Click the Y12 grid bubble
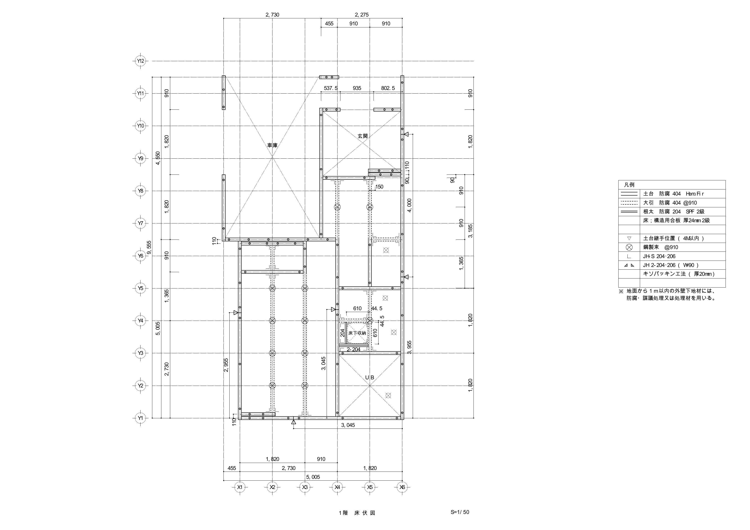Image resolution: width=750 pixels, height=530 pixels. (x=141, y=61)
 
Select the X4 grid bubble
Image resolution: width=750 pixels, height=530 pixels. (x=337, y=487)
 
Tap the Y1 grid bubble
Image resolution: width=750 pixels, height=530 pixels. (x=141, y=418)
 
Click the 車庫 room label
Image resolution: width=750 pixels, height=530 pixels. (x=272, y=145)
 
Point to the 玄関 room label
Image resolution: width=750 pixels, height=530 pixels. (x=363, y=136)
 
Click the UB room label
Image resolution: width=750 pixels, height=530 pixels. (x=370, y=378)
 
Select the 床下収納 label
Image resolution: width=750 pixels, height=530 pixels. (x=357, y=333)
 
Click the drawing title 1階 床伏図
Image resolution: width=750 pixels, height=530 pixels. (x=357, y=513)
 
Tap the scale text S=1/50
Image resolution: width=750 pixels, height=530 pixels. (x=460, y=512)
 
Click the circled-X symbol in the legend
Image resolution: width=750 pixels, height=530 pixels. (x=629, y=247)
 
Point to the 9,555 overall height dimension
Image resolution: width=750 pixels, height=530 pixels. (x=149, y=247)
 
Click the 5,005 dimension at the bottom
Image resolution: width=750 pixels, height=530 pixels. (x=313, y=477)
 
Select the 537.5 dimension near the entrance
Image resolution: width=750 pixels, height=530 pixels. (x=330, y=88)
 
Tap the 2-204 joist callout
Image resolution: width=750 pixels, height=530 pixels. (x=353, y=349)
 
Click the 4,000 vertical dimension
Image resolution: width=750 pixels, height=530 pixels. (x=410, y=205)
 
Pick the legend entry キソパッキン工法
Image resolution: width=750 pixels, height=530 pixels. (x=679, y=274)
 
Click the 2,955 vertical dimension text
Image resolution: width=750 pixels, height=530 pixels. (x=226, y=365)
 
